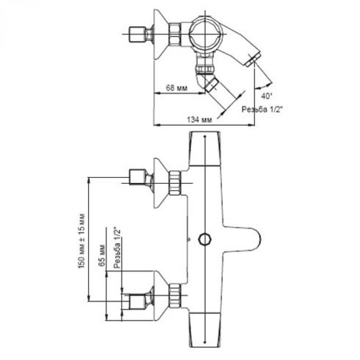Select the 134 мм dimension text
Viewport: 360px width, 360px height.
pos(201,120)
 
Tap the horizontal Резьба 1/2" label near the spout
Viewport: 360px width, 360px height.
pos(261,109)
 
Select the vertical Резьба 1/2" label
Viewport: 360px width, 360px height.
pos(116,248)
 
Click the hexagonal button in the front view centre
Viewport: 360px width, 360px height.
pos(205,239)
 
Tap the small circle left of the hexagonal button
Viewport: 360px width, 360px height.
pos(189,238)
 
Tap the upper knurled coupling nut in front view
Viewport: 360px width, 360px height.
pos(175,183)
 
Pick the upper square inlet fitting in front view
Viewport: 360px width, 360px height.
pos(138,177)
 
